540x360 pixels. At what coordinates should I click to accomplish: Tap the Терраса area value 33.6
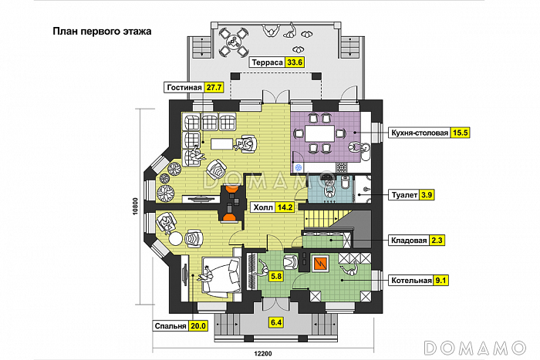[295, 62]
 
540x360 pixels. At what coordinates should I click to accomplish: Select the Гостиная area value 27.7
[215, 87]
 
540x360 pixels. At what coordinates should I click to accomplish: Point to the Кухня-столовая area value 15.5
[461, 133]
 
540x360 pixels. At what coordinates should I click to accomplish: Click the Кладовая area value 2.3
[437, 240]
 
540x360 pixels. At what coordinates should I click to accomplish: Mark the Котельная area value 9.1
[441, 280]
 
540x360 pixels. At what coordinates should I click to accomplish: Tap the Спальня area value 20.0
[199, 326]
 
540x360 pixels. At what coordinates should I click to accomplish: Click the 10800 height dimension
[135, 208]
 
